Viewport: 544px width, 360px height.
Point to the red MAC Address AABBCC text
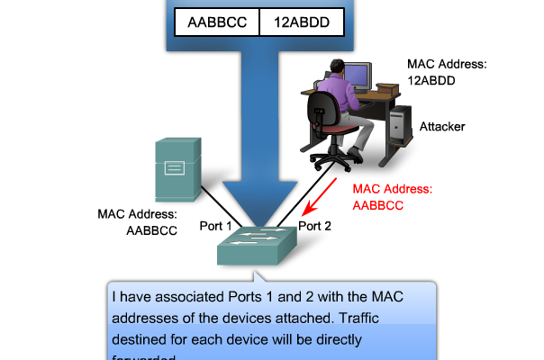click(393, 197)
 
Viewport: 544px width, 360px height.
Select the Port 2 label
click(315, 226)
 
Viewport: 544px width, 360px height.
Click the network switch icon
click(256, 246)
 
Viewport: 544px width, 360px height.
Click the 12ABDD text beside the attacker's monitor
click(431, 80)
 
